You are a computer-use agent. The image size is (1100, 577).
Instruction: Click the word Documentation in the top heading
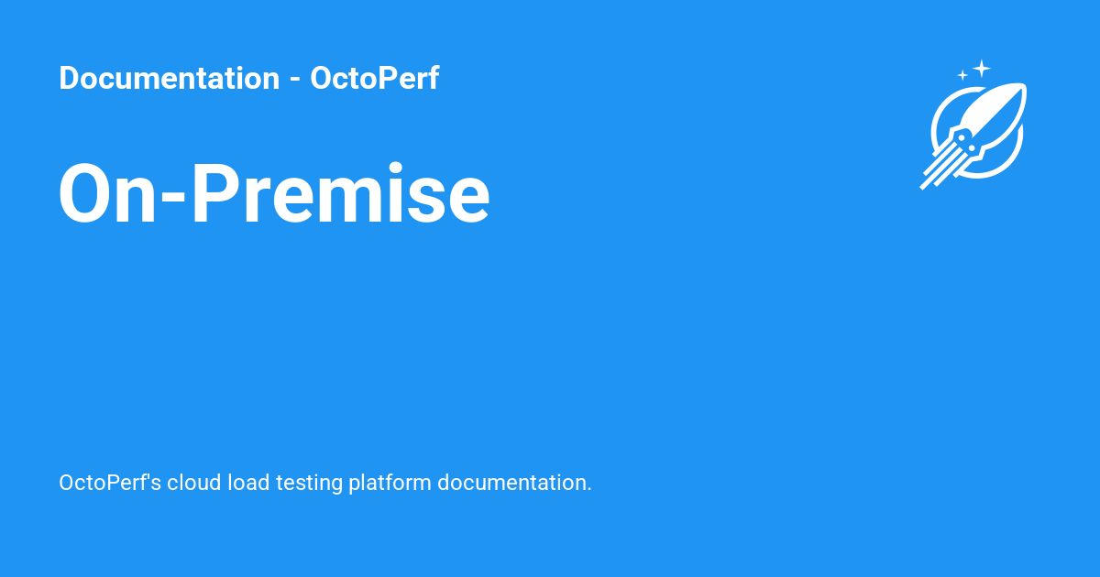tap(169, 79)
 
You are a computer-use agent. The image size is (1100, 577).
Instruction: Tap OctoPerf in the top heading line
tap(374, 79)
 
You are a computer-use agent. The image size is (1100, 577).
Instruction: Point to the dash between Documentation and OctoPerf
tap(294, 81)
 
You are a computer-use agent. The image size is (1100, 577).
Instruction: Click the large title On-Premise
tap(274, 194)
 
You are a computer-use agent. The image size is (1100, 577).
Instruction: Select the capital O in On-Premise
tap(90, 194)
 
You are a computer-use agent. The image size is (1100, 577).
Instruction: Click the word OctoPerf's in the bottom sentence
tap(111, 483)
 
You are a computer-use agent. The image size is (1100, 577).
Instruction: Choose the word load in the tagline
tap(249, 483)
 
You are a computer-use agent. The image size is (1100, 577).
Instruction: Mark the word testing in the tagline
tap(309, 484)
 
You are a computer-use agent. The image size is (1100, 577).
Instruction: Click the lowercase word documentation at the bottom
tap(514, 483)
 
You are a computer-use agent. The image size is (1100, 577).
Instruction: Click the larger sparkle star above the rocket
tap(982, 67)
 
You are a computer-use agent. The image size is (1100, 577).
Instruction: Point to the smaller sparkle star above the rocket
tap(962, 75)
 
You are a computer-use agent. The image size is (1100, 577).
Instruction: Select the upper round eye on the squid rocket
tap(961, 137)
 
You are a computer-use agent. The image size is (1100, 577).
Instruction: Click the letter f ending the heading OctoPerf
tap(433, 79)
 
